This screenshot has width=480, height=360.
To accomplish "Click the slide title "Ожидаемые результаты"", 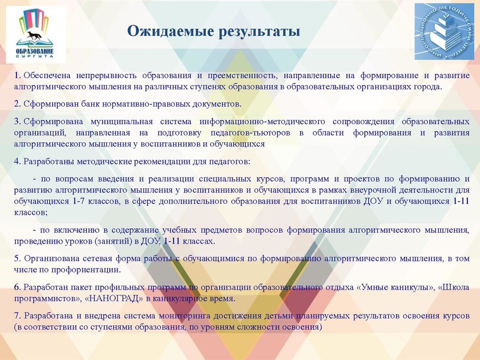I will point(213,31).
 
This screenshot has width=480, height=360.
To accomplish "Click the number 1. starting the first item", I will point(17,76).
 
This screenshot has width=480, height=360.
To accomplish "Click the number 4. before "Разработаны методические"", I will point(17,161).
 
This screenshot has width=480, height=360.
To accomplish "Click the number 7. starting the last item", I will point(17,316).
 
